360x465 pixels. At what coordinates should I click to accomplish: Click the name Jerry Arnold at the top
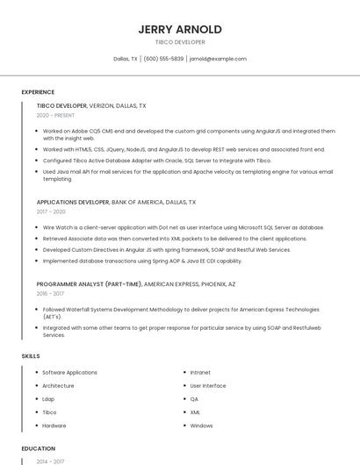[x=180, y=29]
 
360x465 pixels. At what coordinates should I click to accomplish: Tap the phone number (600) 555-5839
[x=163, y=59]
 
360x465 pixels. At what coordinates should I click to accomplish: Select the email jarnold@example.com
[x=218, y=59]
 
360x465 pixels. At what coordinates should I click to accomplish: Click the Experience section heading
[x=38, y=91]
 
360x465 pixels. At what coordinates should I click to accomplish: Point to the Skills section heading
[x=31, y=355]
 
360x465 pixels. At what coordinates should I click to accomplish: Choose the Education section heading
[x=38, y=448]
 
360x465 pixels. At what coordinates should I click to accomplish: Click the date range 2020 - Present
[x=55, y=115]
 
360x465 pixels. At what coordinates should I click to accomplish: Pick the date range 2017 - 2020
[x=51, y=211]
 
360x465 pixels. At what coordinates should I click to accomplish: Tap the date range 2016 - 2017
[x=51, y=294]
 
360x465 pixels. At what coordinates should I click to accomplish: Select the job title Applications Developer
[x=73, y=202]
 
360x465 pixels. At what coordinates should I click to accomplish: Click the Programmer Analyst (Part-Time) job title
[x=89, y=284]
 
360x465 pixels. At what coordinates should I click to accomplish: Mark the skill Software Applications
[x=69, y=373]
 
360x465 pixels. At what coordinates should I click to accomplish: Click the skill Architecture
[x=58, y=386]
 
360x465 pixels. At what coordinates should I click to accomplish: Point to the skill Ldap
[x=48, y=399]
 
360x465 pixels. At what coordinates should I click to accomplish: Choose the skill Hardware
[x=54, y=426]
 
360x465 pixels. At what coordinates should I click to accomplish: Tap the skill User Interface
[x=208, y=386]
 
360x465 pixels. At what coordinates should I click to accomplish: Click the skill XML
[x=195, y=412]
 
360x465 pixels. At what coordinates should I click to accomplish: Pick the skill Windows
[x=201, y=426]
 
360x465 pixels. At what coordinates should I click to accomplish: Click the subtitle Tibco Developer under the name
[x=180, y=42]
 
